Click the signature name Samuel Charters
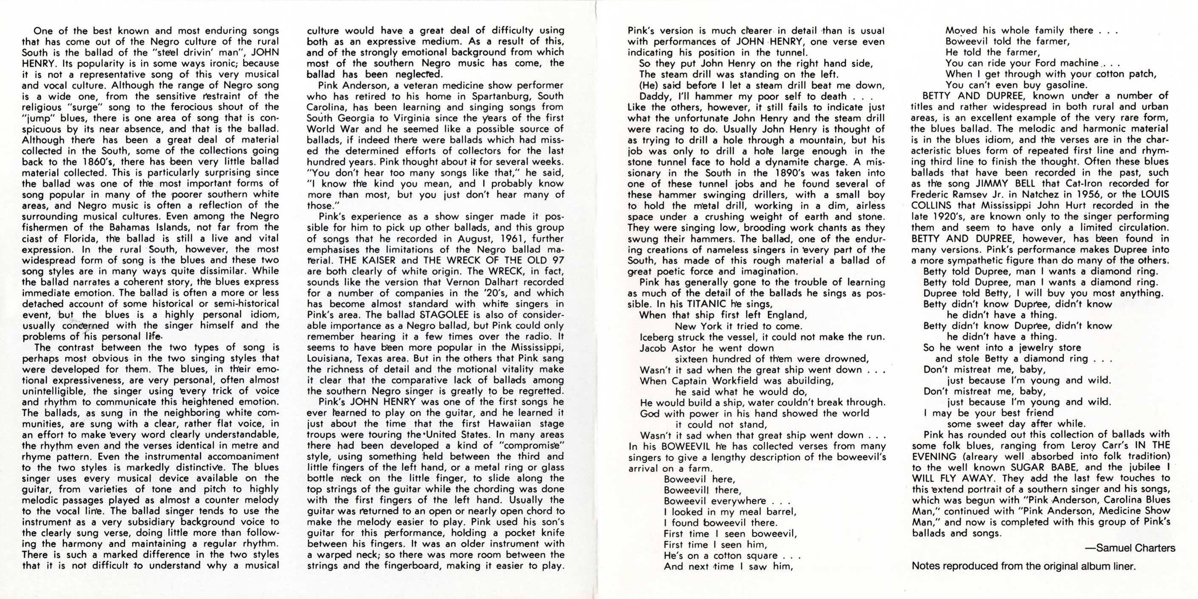[1135, 548]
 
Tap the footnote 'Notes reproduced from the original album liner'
[1023, 566]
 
